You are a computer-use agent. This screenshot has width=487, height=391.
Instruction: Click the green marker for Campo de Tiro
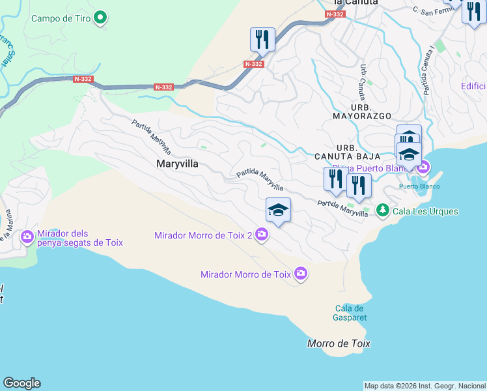(100, 18)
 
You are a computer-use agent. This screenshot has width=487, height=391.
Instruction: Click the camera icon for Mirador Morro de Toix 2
(261, 235)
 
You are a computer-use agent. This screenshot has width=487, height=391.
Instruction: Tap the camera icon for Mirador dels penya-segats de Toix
(27, 236)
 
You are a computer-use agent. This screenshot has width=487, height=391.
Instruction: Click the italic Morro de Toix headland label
(339, 343)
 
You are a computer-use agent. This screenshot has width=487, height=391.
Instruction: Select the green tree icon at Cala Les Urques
(382, 210)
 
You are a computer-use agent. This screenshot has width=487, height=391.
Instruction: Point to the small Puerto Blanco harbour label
(419, 186)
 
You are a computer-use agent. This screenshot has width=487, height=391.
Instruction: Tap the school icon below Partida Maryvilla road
(278, 209)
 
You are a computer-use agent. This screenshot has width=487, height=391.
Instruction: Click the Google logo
(21, 383)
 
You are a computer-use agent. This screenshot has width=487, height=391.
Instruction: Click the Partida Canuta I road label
(428, 71)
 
